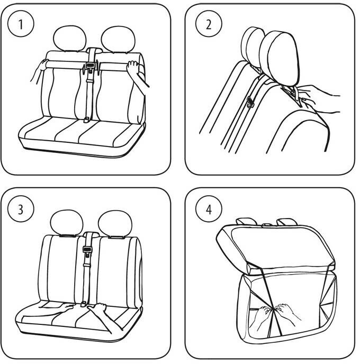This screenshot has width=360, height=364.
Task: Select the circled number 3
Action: (x=21, y=208)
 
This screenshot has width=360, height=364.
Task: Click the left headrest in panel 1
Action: (x=70, y=38)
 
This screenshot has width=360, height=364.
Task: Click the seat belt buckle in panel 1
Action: (x=91, y=68)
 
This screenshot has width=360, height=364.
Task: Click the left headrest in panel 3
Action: (x=67, y=222)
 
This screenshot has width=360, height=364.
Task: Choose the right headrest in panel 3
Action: (x=117, y=222)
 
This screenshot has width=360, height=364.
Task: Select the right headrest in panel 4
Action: (x=286, y=220)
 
